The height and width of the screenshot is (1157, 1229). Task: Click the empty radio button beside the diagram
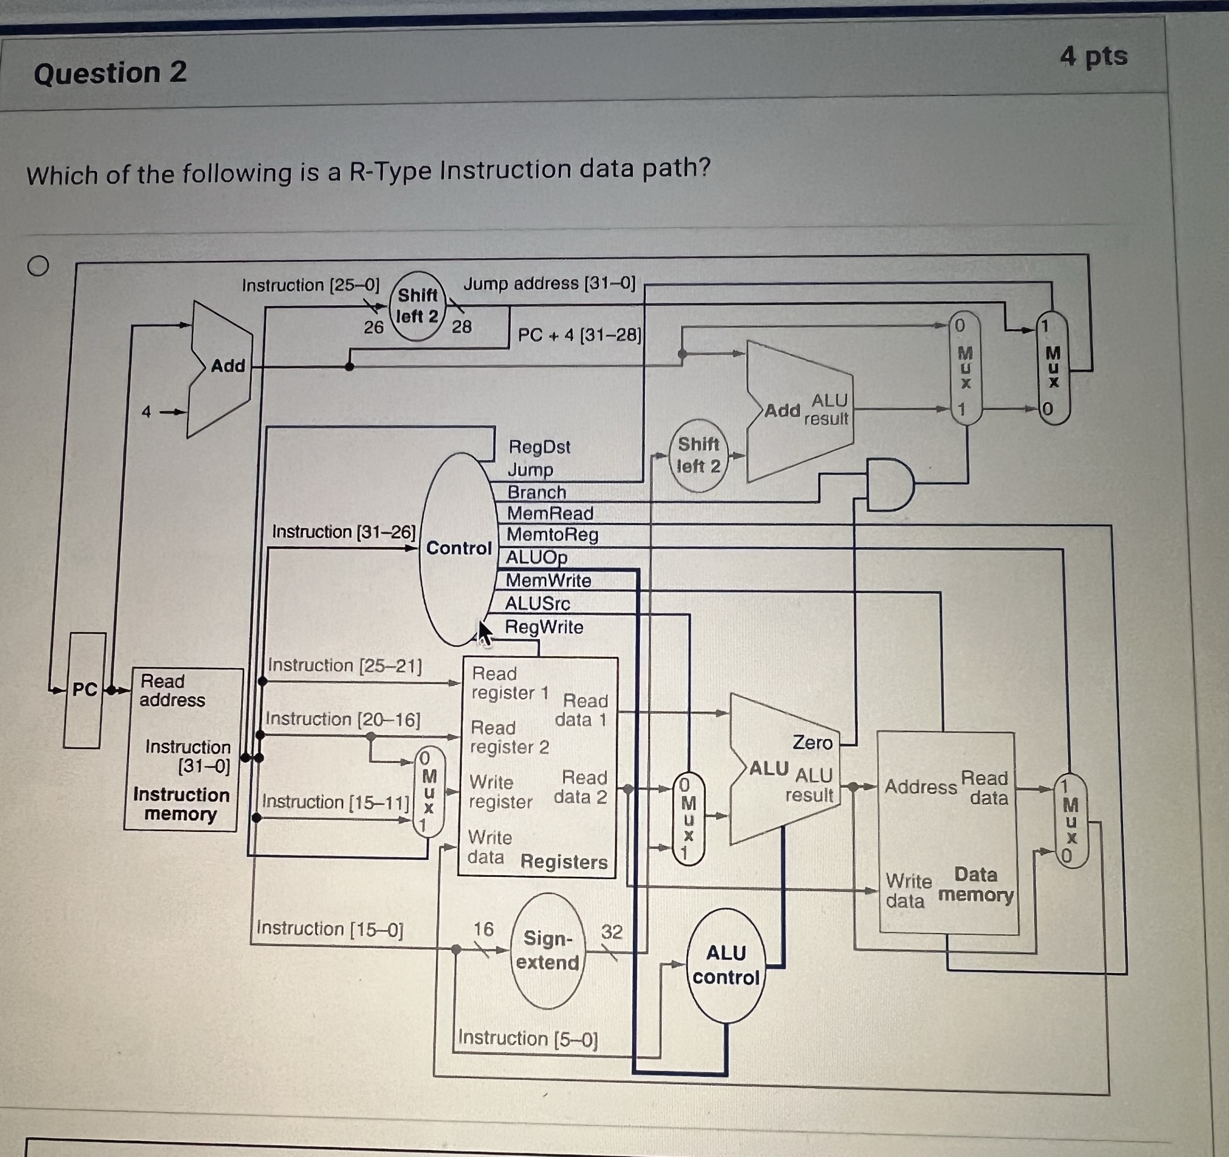coord(38,266)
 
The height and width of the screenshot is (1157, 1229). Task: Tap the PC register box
coord(85,690)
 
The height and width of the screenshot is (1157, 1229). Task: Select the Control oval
coord(458,549)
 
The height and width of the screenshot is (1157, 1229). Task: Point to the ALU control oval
coord(726,966)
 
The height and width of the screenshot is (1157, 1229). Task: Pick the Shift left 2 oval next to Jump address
coord(417,306)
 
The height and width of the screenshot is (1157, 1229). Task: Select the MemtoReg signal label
coord(552,535)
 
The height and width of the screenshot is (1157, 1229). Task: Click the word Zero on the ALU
coord(812,742)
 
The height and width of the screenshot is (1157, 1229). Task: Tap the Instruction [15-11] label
coord(336,802)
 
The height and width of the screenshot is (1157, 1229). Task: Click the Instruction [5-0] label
coord(528,1038)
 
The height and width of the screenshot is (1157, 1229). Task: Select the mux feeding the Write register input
coord(428,793)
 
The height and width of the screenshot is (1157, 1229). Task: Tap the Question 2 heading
coord(110,73)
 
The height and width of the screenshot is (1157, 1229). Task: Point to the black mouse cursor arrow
coord(485,633)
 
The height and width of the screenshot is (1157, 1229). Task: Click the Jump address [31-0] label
coord(549,284)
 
